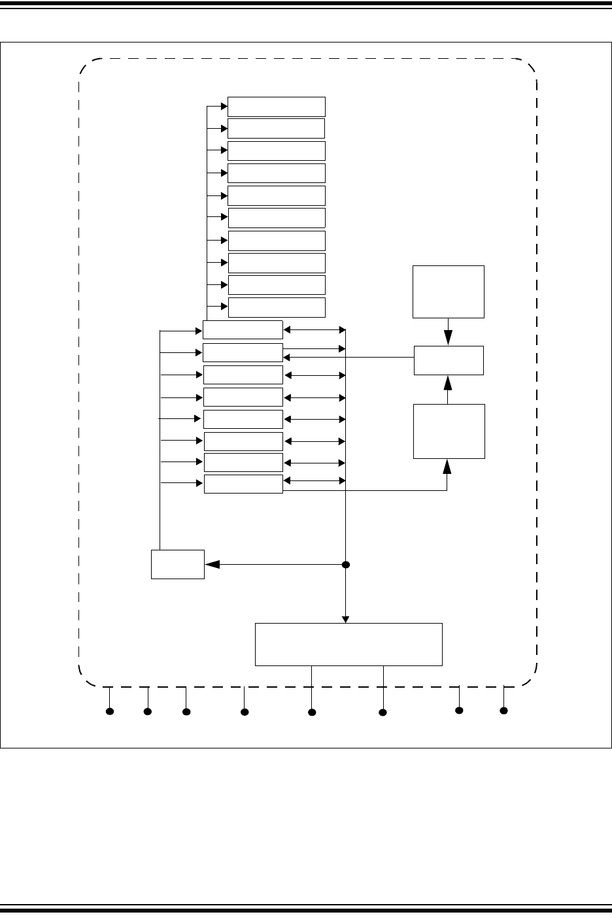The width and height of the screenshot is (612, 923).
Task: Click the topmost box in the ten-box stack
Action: click(x=276, y=107)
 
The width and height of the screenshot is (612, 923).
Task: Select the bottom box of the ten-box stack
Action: click(x=276, y=307)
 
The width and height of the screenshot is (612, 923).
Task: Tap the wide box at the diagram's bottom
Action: click(x=348, y=644)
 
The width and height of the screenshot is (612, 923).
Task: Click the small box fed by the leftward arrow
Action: click(x=177, y=564)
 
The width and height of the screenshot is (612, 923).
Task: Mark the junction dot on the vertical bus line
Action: click(x=346, y=564)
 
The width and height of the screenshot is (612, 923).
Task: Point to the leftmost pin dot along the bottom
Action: click(x=110, y=711)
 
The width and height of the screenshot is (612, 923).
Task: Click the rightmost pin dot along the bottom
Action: click(x=503, y=710)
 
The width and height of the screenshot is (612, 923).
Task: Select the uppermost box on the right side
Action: click(x=449, y=292)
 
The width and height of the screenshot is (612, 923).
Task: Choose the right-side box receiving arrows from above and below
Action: click(x=449, y=360)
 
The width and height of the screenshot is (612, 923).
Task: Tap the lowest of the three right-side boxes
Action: click(x=449, y=431)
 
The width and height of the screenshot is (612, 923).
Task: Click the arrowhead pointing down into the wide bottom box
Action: click(x=346, y=618)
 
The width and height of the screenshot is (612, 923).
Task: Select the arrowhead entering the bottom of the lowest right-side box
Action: click(x=447, y=465)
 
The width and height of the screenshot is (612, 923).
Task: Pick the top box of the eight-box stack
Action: click(x=243, y=329)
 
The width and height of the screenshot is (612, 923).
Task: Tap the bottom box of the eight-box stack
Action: click(x=243, y=484)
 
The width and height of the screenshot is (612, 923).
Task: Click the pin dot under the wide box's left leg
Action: click(x=312, y=712)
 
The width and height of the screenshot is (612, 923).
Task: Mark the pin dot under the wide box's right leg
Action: click(x=383, y=712)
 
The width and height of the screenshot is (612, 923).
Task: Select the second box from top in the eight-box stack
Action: click(x=243, y=352)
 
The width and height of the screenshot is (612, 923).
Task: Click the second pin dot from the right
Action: click(x=459, y=710)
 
